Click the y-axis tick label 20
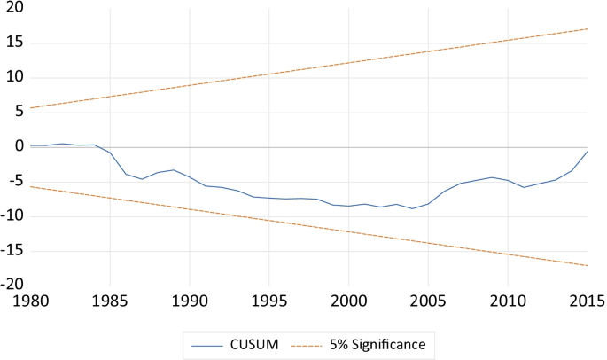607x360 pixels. click(13, 8)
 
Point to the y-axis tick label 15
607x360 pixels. click(13, 43)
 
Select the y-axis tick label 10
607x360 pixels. click(13, 77)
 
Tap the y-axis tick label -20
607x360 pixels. click(12, 285)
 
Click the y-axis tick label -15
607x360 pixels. click(12, 250)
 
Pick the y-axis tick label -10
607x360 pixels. click(12, 215)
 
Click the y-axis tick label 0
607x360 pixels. click(18, 146)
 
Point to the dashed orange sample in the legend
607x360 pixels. click(323, 342)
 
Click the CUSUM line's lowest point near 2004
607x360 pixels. click(412, 208)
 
